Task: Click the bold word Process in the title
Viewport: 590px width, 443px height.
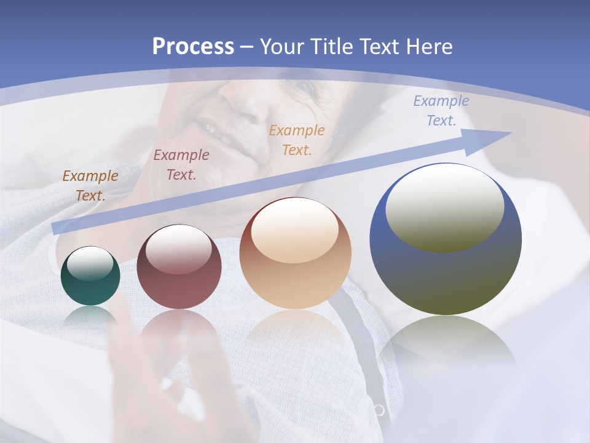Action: coord(193,47)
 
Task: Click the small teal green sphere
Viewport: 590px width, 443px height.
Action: coord(90,276)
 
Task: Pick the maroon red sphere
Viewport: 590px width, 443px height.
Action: coord(179,267)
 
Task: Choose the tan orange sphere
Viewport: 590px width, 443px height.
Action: coord(296,253)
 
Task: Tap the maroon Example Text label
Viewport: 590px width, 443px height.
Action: coord(181,165)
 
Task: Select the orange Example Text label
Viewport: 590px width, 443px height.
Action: coord(297,140)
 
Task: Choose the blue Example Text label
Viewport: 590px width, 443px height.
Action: coord(441,111)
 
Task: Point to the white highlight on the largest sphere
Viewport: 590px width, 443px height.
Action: coord(445,206)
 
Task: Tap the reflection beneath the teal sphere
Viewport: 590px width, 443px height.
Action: coord(90,316)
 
